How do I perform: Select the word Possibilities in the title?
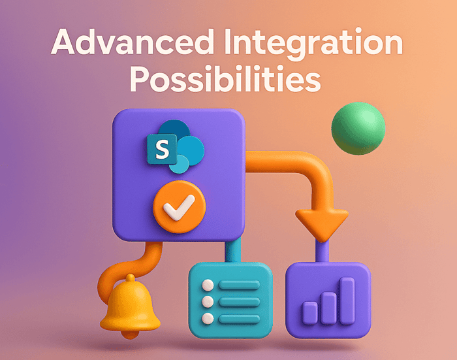pyautogui.click(x=225, y=80)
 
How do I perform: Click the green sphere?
pyautogui.click(x=358, y=127)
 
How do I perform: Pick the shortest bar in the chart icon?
pyautogui.click(x=311, y=313)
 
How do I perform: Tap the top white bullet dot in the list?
pyautogui.click(x=208, y=286)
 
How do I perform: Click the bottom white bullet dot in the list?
pyautogui.click(x=208, y=318)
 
